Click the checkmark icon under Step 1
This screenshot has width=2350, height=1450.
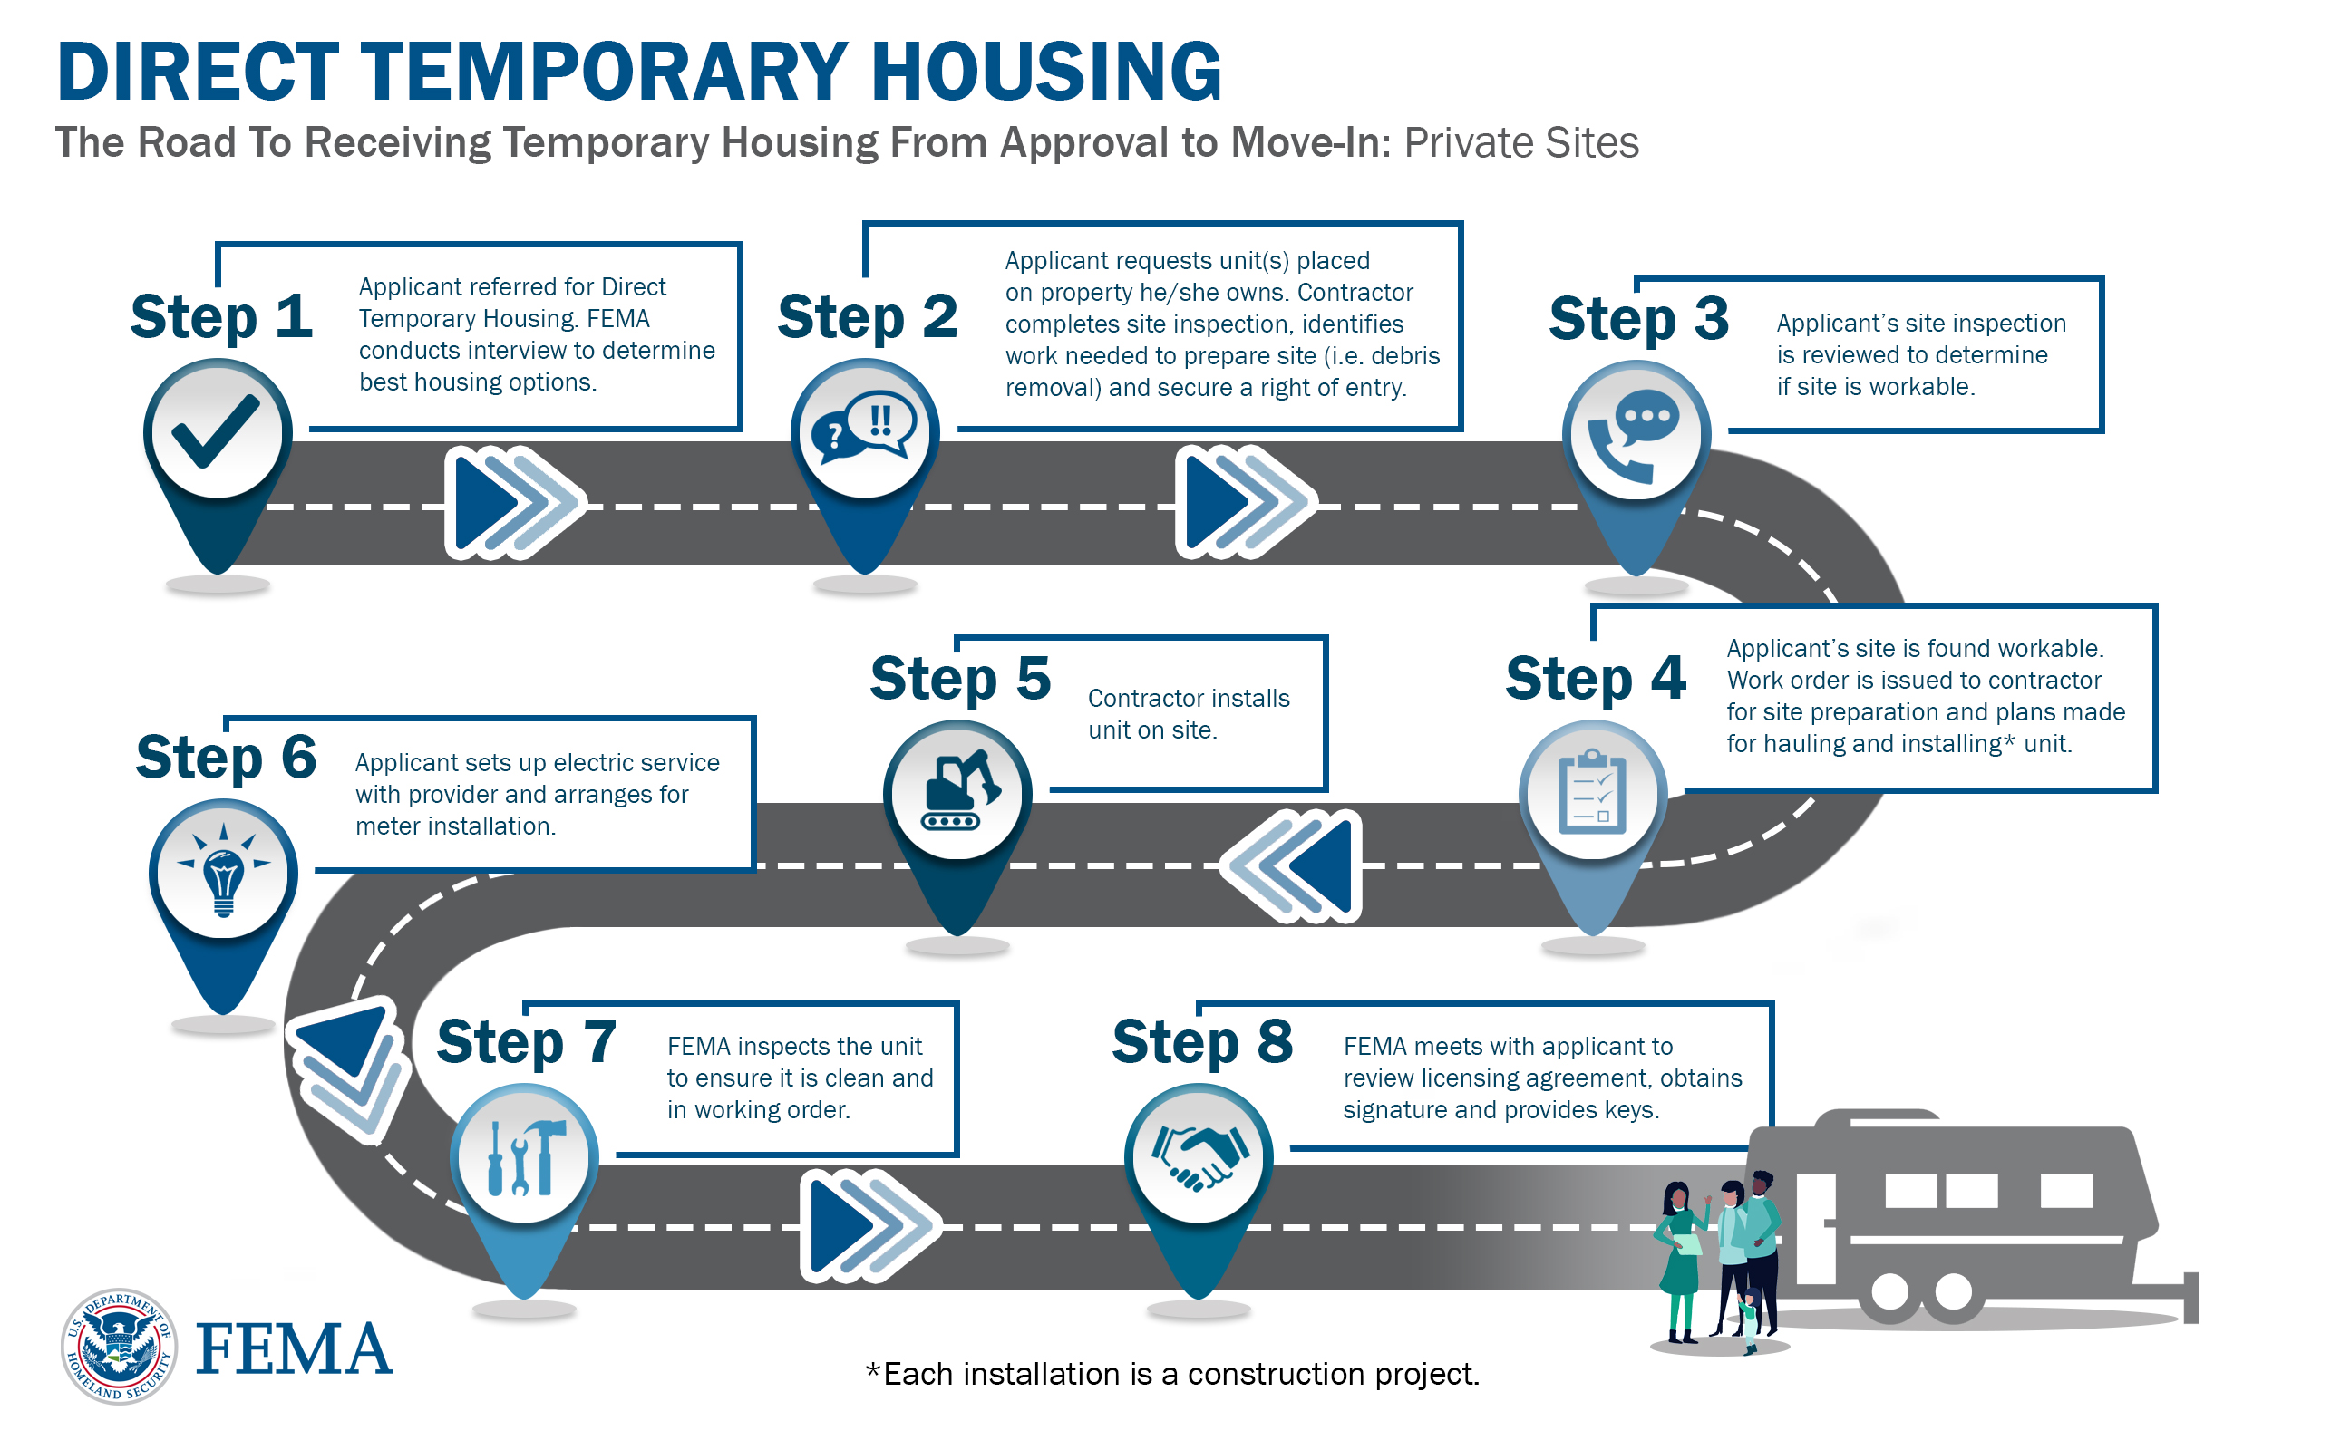pos(216,430)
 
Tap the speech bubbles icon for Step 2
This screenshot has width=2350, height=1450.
pos(864,427)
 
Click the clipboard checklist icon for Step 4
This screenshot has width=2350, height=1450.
pos(1592,792)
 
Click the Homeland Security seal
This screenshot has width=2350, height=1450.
pos(119,1346)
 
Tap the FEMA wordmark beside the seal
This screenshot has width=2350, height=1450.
pos(294,1348)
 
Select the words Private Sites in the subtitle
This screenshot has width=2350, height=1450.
pos(1521,143)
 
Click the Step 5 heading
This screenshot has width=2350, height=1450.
pos(960,678)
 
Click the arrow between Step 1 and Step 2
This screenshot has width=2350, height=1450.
pos(515,501)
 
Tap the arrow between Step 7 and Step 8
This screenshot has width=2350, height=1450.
pos(870,1225)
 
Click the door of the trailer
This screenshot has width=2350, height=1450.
pos(1815,1227)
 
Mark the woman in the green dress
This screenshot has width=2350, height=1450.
pos(1681,1260)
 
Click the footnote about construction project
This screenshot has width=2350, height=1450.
pos(1171,1373)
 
